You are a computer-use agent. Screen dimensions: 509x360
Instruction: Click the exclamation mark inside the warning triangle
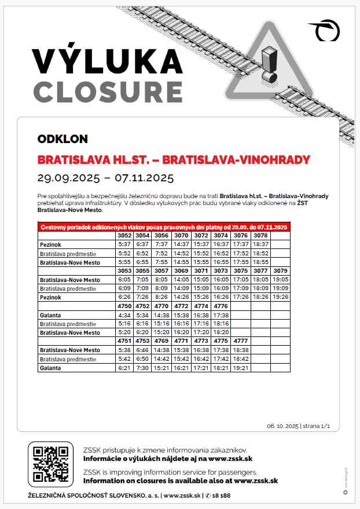268,64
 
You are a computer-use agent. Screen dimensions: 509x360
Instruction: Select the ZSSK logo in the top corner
325,30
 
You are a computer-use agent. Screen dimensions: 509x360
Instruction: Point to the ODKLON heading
63,139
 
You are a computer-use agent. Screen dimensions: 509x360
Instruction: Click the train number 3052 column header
124,236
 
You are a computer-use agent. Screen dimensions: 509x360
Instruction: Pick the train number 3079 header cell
280,271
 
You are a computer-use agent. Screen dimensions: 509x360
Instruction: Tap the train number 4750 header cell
124,306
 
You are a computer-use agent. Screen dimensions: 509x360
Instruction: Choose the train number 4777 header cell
241,341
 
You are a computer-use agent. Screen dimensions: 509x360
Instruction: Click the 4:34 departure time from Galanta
124,315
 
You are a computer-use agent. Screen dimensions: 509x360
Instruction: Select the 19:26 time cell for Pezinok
280,297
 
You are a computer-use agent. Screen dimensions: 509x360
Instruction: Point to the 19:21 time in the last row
241,368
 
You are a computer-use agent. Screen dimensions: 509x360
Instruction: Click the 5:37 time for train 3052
124,244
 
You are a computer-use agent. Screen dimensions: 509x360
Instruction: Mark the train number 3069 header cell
182,271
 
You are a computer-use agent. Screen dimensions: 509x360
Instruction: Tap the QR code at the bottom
50,464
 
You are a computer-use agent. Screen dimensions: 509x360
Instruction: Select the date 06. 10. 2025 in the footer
283,426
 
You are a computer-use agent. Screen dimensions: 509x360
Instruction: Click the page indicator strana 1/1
317,426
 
